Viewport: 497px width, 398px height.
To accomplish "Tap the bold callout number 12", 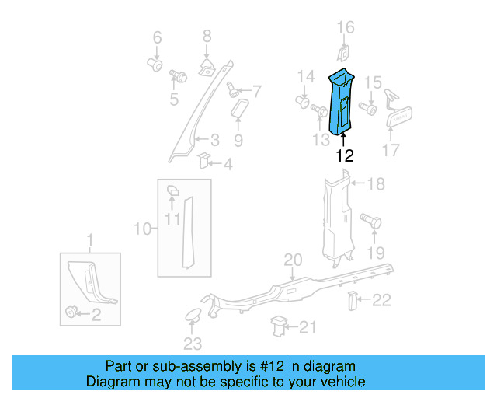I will click(344, 155).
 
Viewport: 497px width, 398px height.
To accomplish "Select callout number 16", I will click(345, 30).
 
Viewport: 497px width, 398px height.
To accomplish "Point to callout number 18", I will click(376, 184).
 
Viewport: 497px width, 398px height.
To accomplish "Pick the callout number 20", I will click(291, 259).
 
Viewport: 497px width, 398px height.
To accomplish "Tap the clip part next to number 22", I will click(352, 299).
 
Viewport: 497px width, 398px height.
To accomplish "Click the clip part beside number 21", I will click(278, 325).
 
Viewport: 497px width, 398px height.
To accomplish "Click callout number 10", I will click(141, 229).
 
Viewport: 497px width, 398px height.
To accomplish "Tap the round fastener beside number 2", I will click(73, 313).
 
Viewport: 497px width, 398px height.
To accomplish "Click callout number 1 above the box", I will click(89, 238).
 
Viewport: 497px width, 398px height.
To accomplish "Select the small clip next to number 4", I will click(203, 161).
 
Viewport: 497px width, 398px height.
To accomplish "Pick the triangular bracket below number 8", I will click(207, 65).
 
